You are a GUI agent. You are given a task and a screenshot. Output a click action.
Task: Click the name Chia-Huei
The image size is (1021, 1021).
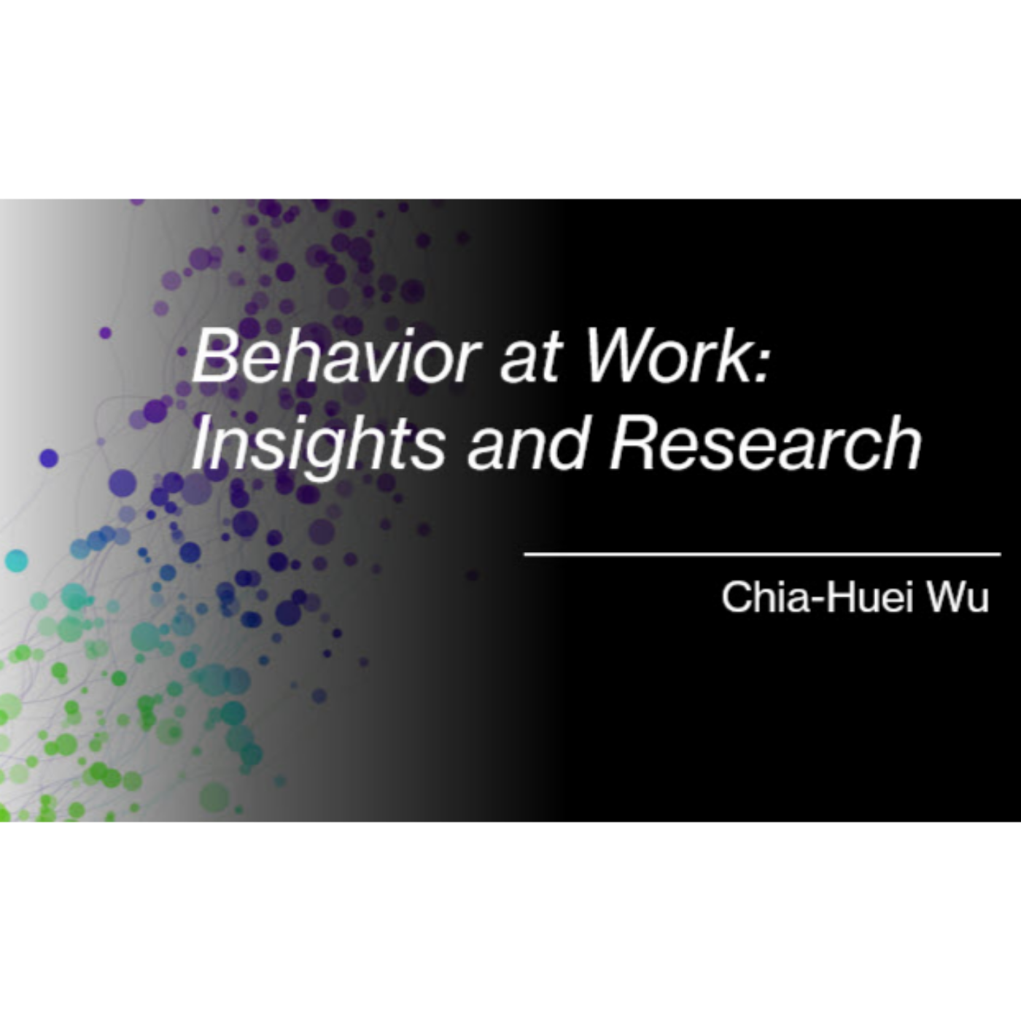(817, 597)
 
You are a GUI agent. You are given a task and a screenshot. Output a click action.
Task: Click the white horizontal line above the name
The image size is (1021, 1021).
(762, 554)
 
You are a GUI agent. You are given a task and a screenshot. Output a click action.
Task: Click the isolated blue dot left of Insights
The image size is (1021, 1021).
(48, 458)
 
